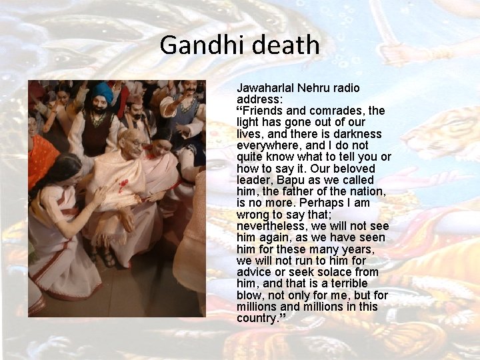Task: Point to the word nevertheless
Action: click(274, 226)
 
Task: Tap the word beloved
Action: click(357, 169)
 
